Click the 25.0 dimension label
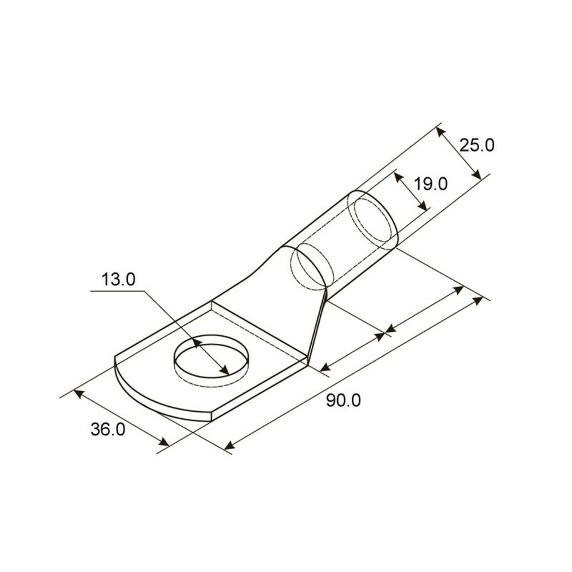tap(476, 145)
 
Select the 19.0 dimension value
tap(430, 184)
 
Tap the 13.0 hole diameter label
tap(118, 280)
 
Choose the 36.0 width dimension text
tap(108, 430)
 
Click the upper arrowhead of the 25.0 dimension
tap(440, 132)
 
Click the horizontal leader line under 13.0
tap(117, 291)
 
